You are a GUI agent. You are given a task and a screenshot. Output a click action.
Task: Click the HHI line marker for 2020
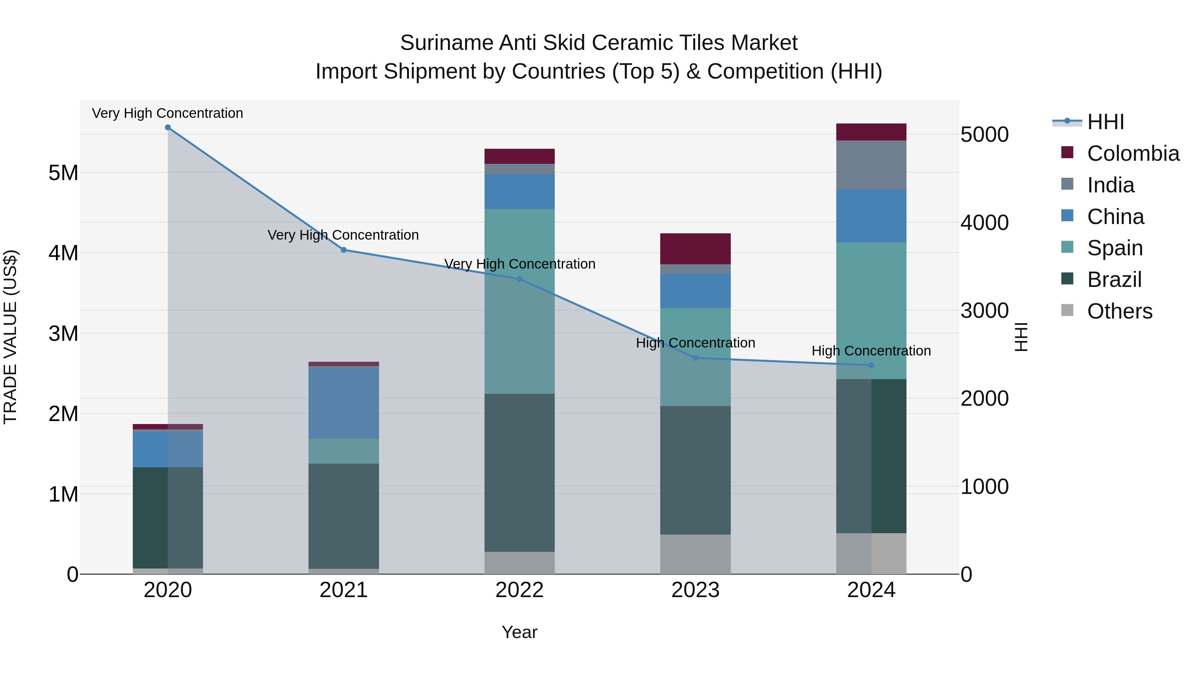tap(168, 127)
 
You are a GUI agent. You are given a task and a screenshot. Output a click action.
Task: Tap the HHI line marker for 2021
tap(344, 250)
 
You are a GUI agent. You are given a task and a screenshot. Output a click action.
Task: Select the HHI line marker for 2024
tap(871, 365)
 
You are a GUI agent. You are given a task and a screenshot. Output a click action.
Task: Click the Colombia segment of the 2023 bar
tap(695, 249)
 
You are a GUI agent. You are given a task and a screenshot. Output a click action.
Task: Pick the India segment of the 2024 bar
tap(871, 165)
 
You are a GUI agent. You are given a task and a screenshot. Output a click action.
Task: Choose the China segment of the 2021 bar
tap(344, 403)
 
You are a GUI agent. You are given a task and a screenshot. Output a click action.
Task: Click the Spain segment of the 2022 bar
tap(519, 302)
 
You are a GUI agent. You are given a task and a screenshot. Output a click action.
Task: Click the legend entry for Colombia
tap(1133, 153)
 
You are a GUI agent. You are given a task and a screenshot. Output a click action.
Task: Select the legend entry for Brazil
tap(1114, 280)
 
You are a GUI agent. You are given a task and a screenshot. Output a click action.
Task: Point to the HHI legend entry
tap(1105, 122)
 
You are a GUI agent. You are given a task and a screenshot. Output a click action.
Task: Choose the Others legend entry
tap(1119, 311)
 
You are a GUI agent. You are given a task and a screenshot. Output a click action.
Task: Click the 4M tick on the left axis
tap(63, 253)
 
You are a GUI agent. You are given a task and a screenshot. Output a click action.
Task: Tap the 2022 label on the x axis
tap(519, 590)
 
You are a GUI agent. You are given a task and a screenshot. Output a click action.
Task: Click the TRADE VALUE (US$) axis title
tap(10, 337)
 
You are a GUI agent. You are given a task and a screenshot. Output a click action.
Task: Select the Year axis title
tap(519, 632)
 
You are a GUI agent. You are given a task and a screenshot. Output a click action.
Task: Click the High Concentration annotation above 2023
tap(695, 343)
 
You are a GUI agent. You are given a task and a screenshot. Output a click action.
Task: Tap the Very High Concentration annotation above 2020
tap(167, 113)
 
